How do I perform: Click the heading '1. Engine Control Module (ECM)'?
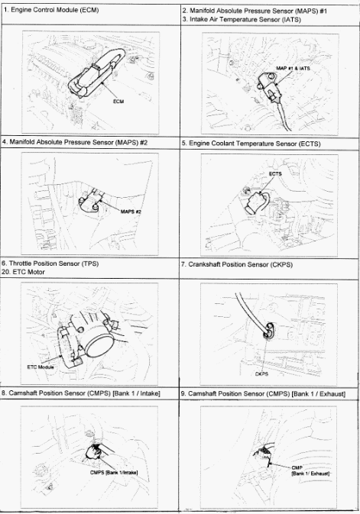tap(51, 10)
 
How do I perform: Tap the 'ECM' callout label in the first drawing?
tap(118, 102)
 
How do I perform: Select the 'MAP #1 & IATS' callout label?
tap(293, 68)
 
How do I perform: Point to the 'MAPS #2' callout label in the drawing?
tap(131, 212)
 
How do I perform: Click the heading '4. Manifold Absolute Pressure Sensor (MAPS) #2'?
tap(75, 142)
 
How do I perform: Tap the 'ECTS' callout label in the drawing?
tap(275, 173)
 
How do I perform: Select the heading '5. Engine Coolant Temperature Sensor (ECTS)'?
tap(251, 144)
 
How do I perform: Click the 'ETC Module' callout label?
tap(41, 367)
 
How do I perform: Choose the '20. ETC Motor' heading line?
tap(23, 272)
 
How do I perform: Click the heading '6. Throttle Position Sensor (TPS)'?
tap(50, 263)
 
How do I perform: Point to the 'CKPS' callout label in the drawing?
tap(261, 373)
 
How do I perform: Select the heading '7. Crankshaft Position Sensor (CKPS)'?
tap(237, 264)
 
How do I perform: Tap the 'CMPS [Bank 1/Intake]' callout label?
tap(114, 472)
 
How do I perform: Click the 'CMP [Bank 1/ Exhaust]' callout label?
tap(310, 470)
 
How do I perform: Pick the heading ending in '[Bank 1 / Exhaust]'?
tap(263, 393)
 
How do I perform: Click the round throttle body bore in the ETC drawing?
tap(99, 346)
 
